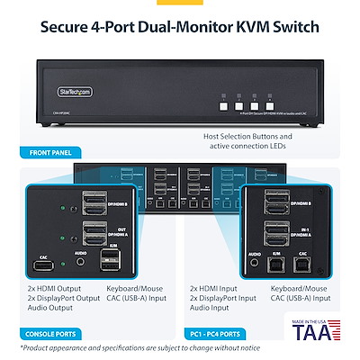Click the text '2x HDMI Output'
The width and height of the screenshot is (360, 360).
[x=58, y=291]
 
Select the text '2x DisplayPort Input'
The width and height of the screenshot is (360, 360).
[x=223, y=300]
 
